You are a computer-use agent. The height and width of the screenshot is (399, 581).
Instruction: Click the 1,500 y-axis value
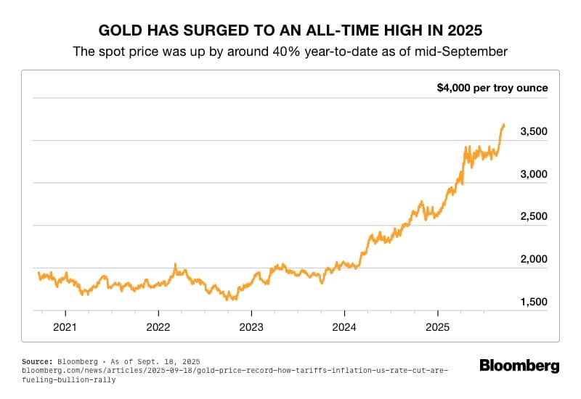point(534,302)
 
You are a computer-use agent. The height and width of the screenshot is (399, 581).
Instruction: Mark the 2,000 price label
point(534,259)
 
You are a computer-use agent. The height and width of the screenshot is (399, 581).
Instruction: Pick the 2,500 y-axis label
point(534,216)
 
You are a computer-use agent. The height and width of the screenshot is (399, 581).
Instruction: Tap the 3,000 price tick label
point(534,174)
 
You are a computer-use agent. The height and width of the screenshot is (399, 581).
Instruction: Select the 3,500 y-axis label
point(534,131)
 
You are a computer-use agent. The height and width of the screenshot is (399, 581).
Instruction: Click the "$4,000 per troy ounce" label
point(492,88)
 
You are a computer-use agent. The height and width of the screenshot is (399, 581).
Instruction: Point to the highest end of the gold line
point(503,125)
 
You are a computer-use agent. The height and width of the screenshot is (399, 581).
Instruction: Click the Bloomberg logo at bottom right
point(519,366)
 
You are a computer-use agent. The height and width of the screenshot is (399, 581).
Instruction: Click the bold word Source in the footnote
point(37,361)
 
